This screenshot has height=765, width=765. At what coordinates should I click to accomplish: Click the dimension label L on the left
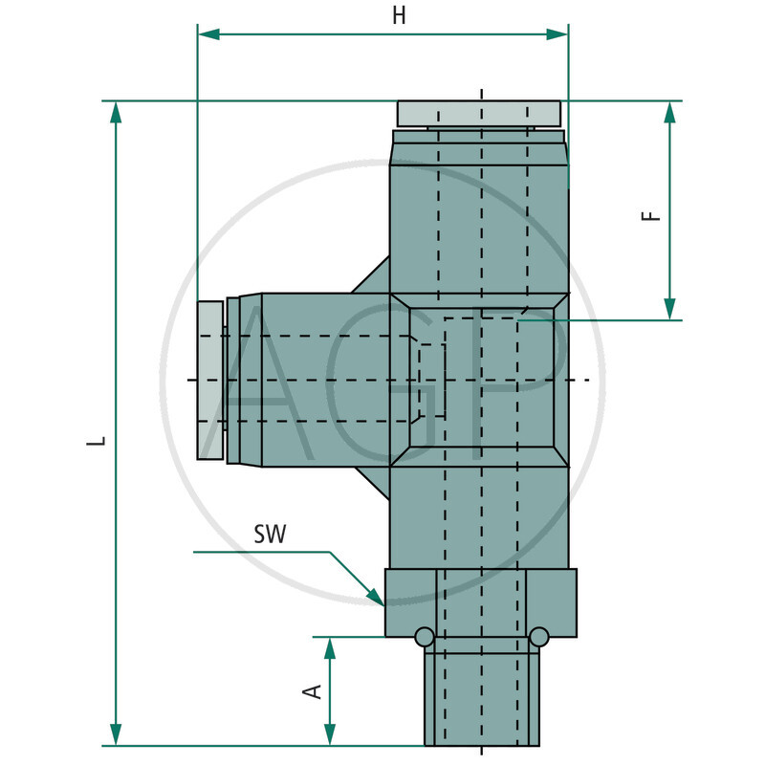pos(95,442)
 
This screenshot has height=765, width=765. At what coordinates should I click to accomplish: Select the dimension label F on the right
pos(651,212)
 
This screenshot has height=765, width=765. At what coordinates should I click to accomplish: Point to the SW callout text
pos(273,534)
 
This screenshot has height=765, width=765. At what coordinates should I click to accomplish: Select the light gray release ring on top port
pos(479,114)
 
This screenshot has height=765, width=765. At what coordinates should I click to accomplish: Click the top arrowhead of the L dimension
pos(117,113)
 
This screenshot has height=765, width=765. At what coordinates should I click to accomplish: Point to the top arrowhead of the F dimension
pos(669,113)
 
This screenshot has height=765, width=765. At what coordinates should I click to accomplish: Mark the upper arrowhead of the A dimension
pos(330,648)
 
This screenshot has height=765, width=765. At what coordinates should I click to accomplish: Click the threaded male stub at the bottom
pos(481,698)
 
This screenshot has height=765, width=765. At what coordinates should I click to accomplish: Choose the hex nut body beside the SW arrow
pos(480,602)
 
